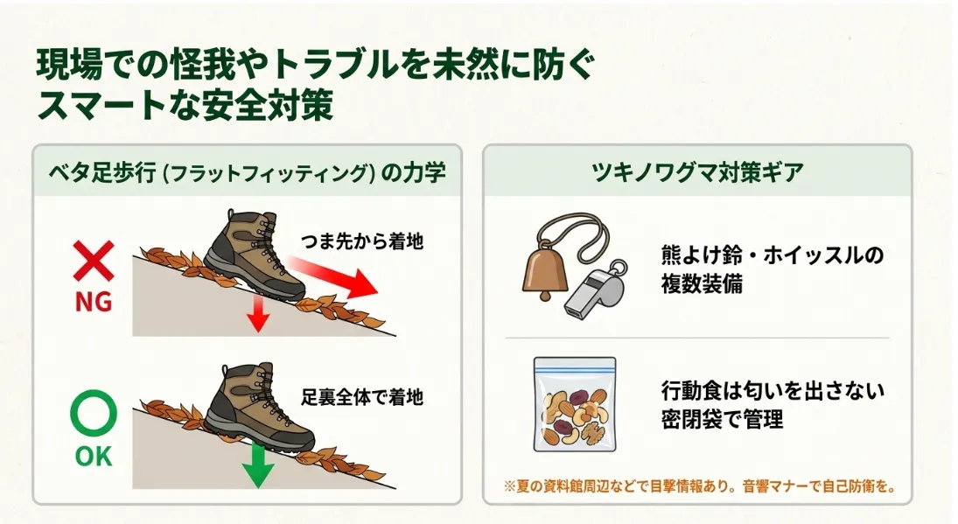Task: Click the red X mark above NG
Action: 94,261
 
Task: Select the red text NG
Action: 94,302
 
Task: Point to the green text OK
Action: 94,457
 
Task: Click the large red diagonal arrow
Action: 333,276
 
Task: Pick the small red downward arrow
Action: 258,314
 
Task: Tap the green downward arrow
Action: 258,465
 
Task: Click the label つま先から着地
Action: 362,241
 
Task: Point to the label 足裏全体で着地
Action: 362,397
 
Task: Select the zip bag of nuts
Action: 574,404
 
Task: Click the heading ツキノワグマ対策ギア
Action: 697,172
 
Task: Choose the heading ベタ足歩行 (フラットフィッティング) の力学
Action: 247,173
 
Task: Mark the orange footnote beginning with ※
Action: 700,486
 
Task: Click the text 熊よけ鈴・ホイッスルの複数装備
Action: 773,269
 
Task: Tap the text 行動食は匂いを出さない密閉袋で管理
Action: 773,404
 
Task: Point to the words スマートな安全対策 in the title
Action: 185,104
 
